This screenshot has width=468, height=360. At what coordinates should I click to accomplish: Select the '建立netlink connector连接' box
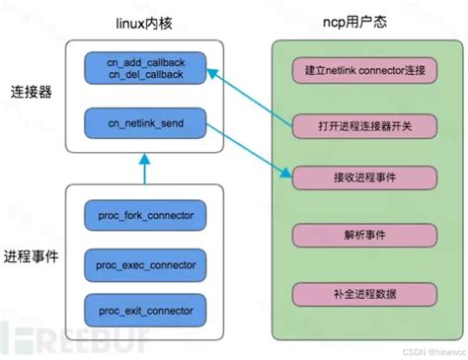[350, 71]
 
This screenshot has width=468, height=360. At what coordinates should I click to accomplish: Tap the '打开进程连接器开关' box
[350, 125]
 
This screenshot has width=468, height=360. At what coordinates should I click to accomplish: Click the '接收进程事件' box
[350, 179]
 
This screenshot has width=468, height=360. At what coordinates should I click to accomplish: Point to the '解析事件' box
[350, 238]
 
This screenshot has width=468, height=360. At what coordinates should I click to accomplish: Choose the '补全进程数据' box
[350, 295]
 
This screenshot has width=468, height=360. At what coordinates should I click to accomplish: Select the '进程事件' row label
[30, 255]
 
